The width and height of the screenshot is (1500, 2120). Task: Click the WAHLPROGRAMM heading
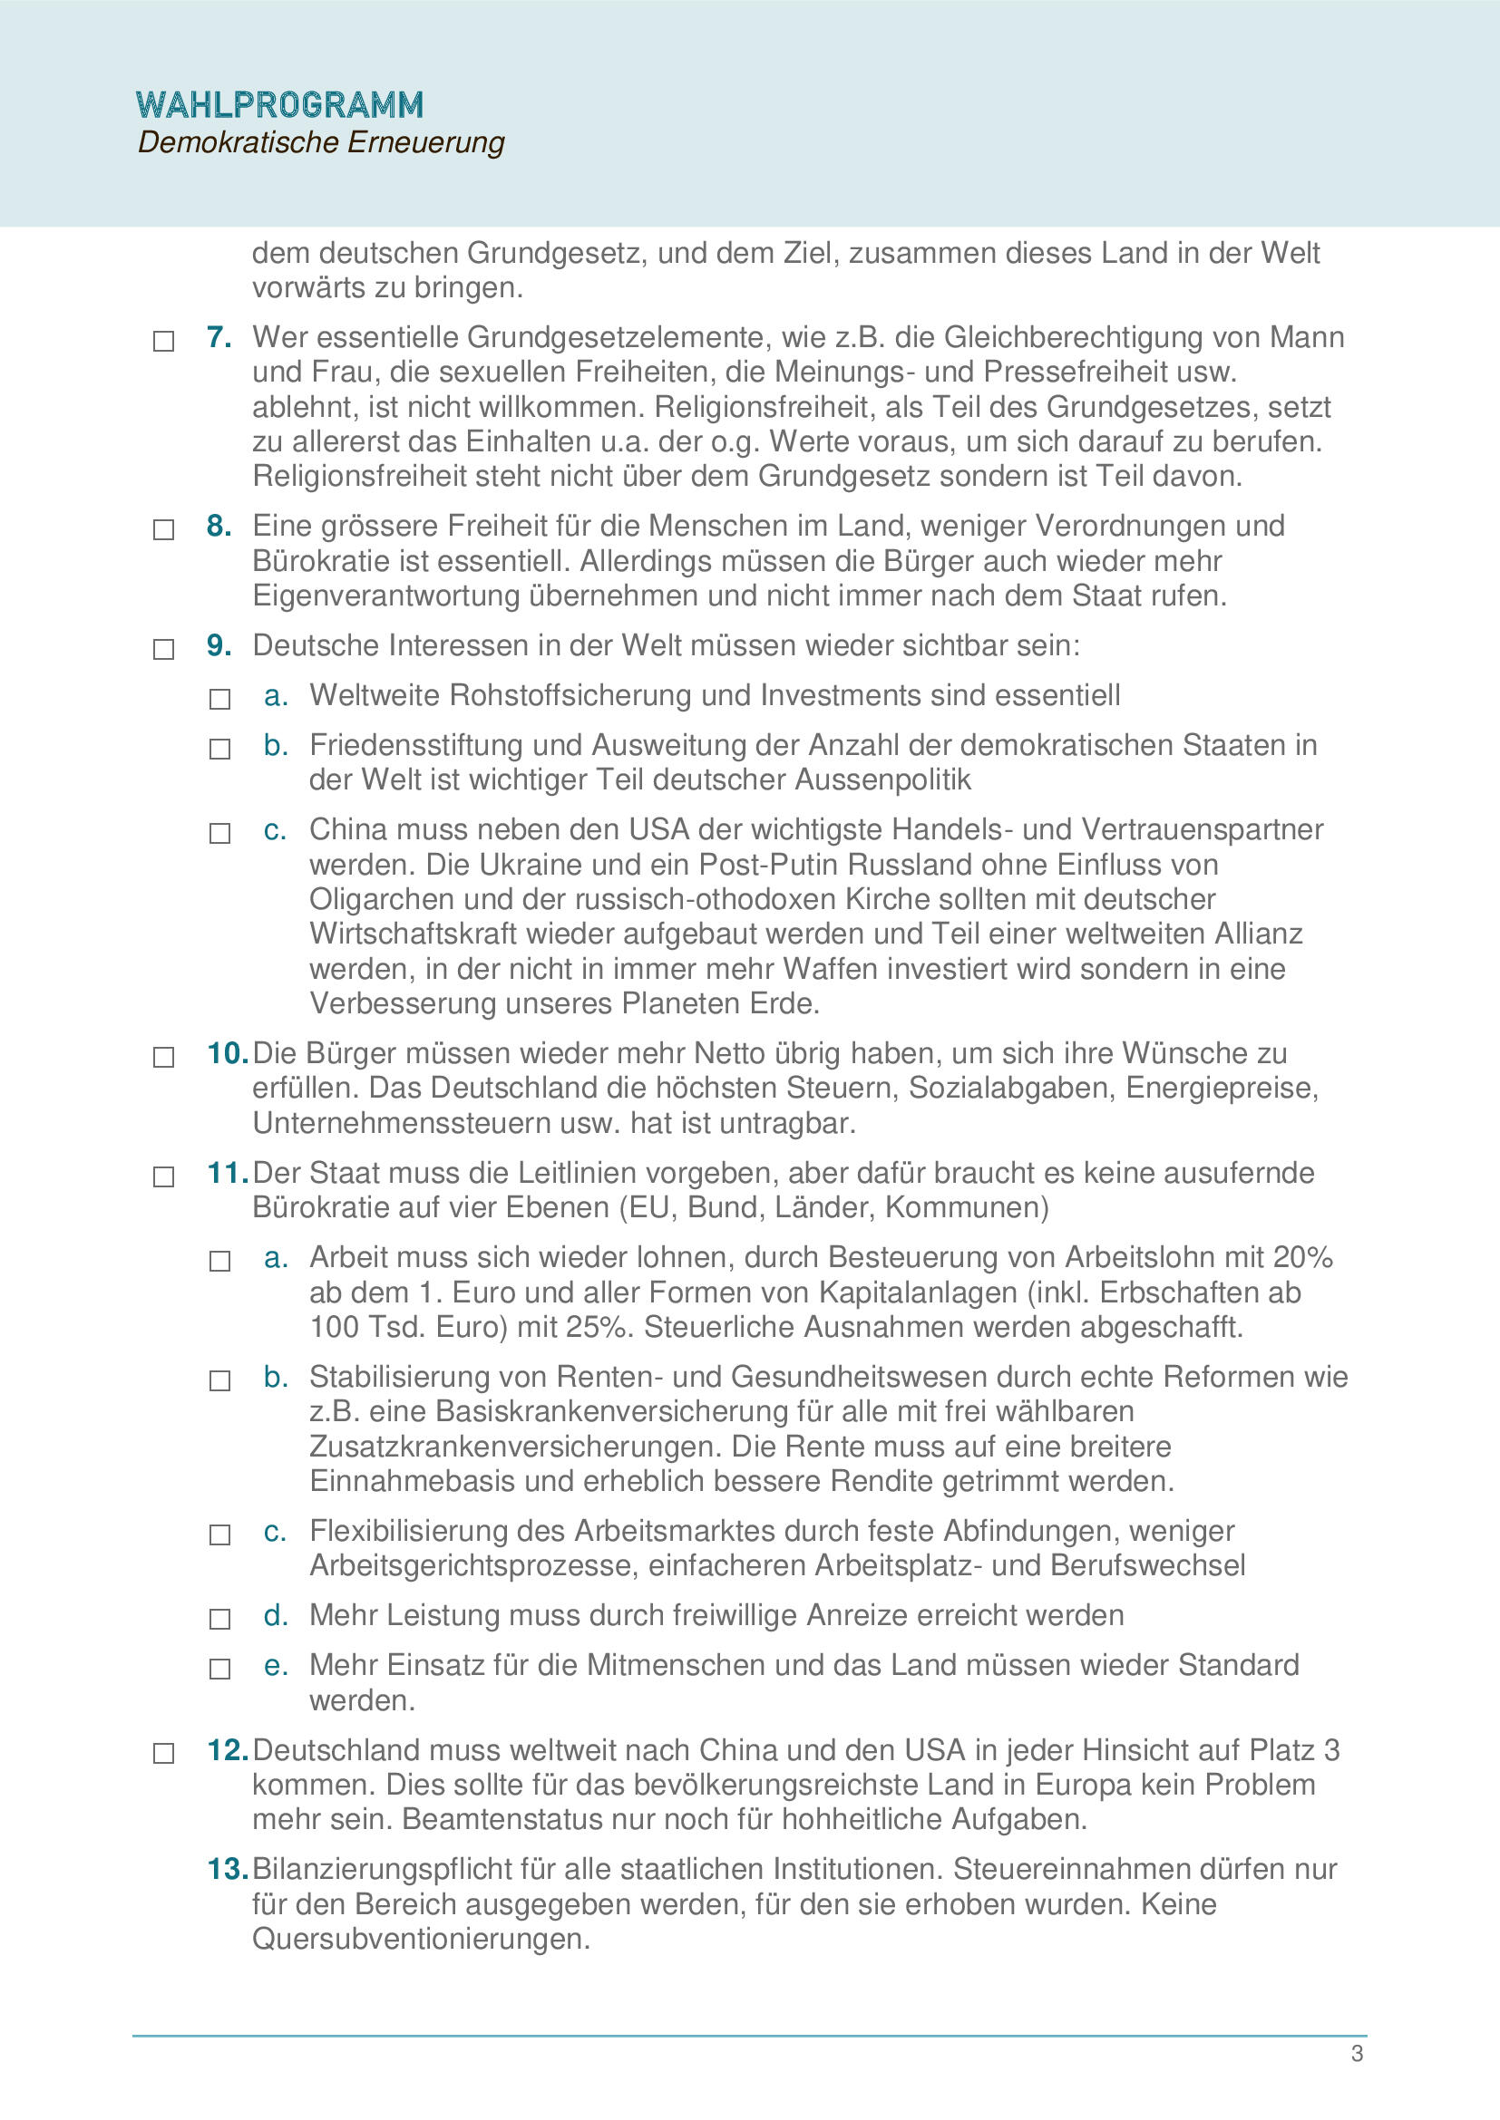tap(279, 105)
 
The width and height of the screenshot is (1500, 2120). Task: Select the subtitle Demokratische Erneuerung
tap(320, 143)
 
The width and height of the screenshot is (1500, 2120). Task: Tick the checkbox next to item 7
tap(163, 342)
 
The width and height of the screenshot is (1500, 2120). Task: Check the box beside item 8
tap(163, 530)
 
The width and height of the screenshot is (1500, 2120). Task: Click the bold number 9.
tap(219, 645)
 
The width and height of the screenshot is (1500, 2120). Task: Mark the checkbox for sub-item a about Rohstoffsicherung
tap(219, 699)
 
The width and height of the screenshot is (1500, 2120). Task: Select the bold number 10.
tap(226, 1053)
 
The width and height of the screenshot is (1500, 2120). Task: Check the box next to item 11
tap(163, 1177)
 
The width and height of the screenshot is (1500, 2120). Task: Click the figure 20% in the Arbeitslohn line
tap(1302, 1258)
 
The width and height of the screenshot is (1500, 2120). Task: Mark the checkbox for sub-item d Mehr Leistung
tap(219, 1620)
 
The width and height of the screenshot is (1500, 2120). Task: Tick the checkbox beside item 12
tap(163, 1754)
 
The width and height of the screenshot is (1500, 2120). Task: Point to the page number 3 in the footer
tap(1357, 2054)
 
